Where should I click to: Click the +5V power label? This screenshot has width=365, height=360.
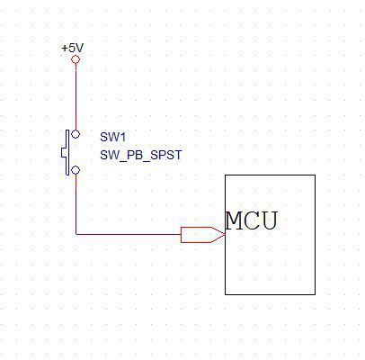click(73, 48)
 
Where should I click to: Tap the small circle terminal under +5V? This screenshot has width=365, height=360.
click(76, 59)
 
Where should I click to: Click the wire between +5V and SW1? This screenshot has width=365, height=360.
click(76, 97)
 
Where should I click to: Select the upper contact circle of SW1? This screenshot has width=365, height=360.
click(76, 134)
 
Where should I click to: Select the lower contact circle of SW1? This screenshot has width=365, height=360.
click(76, 170)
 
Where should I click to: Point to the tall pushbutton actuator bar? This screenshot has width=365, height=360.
click(67, 152)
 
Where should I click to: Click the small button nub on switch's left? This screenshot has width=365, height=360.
click(64, 152)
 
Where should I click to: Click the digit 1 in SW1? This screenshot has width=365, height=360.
click(122, 137)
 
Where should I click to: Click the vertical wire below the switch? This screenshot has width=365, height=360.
click(76, 204)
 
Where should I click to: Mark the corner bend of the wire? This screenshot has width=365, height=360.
click(76, 234)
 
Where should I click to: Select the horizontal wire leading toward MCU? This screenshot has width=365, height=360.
click(129, 234)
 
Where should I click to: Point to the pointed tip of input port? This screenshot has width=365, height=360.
click(225, 235)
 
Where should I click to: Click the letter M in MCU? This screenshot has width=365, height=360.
click(234, 220)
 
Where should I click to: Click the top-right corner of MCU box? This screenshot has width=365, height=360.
click(315, 175)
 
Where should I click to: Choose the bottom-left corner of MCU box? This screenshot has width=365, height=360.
click(226, 294)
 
